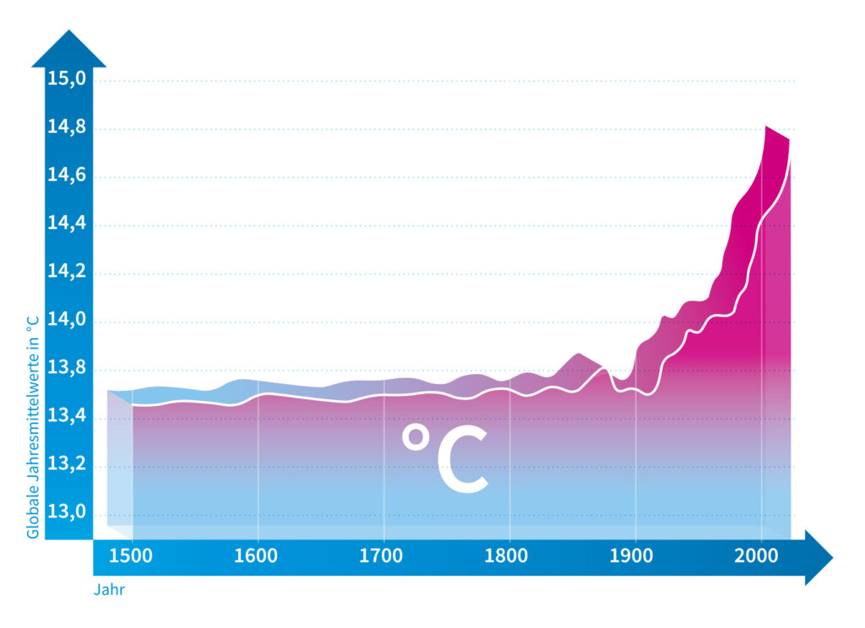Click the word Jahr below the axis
108,590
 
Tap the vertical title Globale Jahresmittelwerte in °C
33,426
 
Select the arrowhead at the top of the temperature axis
69,51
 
